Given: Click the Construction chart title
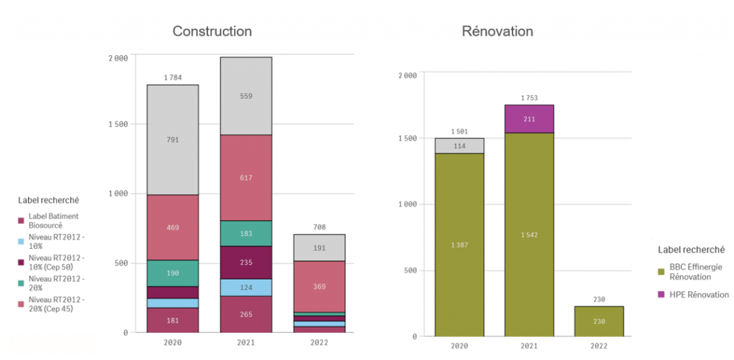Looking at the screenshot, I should [212, 32].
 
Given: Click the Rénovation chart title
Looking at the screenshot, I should [497, 32].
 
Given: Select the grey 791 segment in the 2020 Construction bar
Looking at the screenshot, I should [173, 140].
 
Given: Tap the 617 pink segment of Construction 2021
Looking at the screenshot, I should [246, 178].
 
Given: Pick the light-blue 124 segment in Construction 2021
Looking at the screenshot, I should [246, 288].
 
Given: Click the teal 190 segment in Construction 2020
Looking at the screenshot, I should [173, 273].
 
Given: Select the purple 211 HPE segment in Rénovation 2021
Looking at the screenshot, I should [529, 119].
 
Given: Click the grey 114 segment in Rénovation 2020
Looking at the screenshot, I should [459, 146].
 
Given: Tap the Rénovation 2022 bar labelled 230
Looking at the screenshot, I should [599, 321].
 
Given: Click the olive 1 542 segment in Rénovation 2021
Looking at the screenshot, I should [529, 235].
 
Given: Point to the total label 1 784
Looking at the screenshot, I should [173, 77].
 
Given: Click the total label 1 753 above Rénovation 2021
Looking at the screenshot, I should [529, 98].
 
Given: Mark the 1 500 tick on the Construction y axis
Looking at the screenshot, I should [115, 124].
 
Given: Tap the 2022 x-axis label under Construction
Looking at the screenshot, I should [319, 343].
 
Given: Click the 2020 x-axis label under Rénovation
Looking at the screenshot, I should [459, 346].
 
